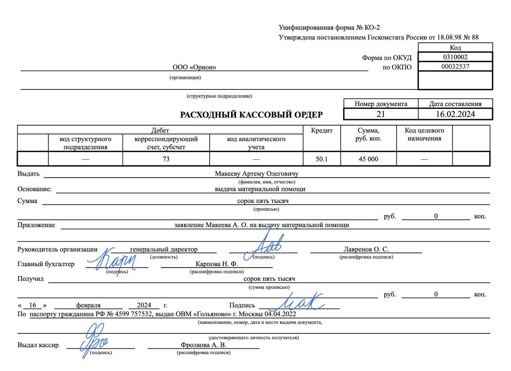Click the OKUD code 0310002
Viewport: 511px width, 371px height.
455,57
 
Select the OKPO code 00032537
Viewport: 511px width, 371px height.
455,67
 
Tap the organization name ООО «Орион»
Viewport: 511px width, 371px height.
194,67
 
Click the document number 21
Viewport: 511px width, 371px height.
381,114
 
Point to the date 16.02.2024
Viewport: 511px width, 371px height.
455,114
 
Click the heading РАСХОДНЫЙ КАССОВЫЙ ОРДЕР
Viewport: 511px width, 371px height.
251,115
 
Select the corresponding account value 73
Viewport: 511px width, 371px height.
166,159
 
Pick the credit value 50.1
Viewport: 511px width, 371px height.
322,159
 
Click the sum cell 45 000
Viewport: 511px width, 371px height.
368,159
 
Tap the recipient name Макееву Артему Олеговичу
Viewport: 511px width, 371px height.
257,174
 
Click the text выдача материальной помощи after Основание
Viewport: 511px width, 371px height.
260,189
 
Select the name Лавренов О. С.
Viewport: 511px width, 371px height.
366,249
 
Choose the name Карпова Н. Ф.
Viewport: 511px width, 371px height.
216,264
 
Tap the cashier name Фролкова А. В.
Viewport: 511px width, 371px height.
203,345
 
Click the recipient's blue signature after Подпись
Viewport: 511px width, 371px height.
301,301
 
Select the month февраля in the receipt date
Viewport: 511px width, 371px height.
88,305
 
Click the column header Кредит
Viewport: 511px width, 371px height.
322,130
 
